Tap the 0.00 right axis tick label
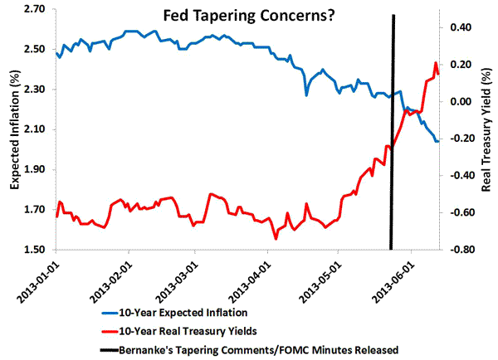pos(461,101)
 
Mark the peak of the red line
pos(435,63)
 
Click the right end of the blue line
pos(438,141)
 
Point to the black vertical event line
pos(392,133)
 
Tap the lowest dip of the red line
pos(275,239)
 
